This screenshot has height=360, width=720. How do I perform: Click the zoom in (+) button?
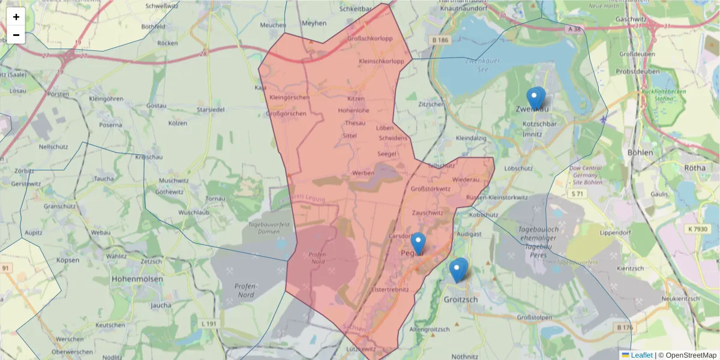tap(16, 17)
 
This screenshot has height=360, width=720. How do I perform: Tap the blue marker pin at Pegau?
tap(418, 244)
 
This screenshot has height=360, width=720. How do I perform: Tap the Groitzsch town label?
tap(460, 299)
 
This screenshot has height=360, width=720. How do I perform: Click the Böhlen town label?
tap(640, 152)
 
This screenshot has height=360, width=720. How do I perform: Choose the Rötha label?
tap(695, 168)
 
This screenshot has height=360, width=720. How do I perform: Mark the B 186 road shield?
tap(440, 40)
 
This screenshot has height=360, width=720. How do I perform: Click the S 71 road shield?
tap(577, 194)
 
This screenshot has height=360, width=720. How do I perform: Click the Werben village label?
tap(363, 173)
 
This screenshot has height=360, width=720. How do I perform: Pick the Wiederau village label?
tap(466, 179)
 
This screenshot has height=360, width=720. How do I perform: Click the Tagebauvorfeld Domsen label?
tap(265, 227)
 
